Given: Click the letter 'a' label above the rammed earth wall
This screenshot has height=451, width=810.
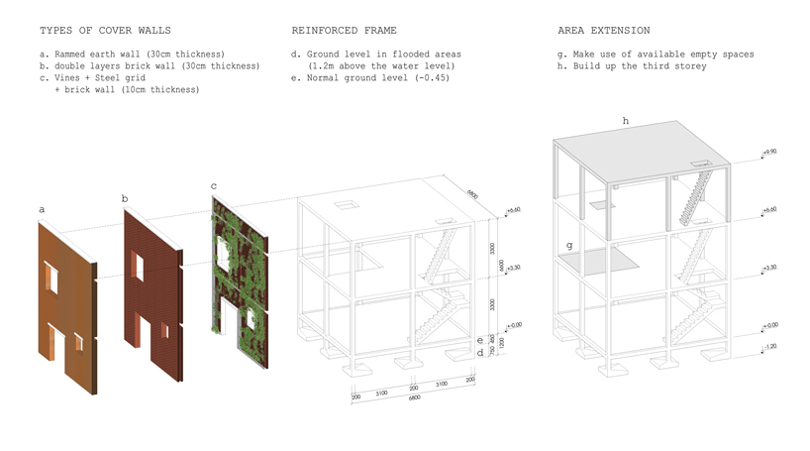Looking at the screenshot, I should (42, 210).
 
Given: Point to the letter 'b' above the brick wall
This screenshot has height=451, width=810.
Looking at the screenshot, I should (125, 199).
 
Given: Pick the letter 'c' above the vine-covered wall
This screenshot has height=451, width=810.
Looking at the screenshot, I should (214, 185).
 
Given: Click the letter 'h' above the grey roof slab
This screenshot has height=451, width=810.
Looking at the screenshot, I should (625, 121).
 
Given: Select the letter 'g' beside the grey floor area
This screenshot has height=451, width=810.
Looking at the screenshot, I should (567, 245).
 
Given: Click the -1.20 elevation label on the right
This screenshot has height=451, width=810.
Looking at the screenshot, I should (770, 346).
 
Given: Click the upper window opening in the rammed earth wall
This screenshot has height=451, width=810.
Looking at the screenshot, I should (53, 281).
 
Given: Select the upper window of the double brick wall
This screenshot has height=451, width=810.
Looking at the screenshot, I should (138, 267).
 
